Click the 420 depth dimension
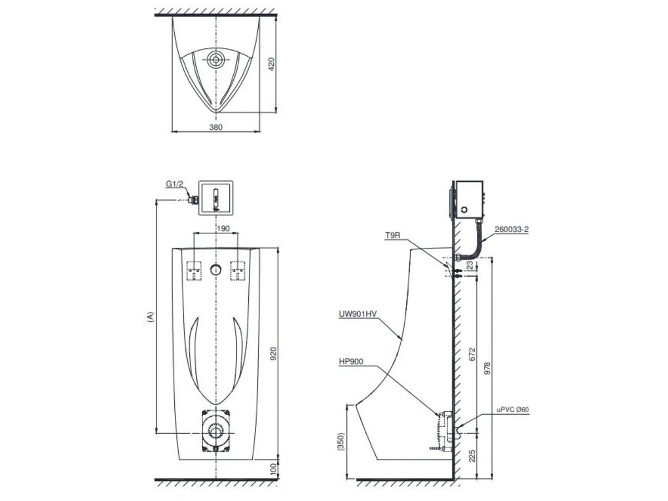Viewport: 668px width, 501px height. click(x=272, y=65)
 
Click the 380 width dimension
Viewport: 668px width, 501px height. click(x=215, y=127)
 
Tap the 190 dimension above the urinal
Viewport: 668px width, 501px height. click(x=215, y=228)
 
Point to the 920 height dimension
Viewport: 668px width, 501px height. click(x=273, y=353)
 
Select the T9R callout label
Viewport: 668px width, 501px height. click(x=393, y=235)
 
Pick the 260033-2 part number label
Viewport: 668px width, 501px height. click(x=511, y=228)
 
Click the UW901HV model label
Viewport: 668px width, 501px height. click(x=357, y=314)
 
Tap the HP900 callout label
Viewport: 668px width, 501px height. click(x=351, y=361)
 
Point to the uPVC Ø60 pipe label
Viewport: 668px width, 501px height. click(x=513, y=409)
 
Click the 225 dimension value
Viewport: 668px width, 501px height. click(x=472, y=456)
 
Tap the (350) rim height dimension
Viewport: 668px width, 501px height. click(x=341, y=441)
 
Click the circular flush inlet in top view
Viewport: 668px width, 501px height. click(x=215, y=59)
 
